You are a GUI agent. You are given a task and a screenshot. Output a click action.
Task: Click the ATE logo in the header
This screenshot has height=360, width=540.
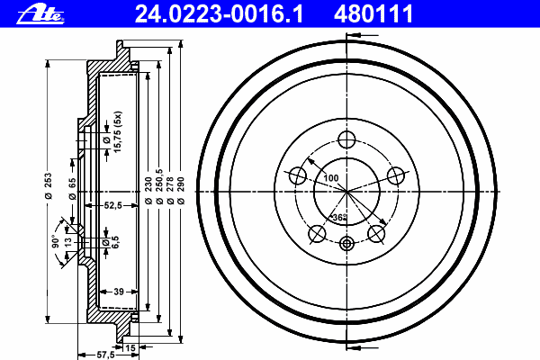(x=40, y=15)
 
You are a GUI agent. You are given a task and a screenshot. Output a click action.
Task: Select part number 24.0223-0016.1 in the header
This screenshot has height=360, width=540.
(x=219, y=13)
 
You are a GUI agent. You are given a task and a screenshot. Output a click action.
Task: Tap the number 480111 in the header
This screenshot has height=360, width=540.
(x=373, y=13)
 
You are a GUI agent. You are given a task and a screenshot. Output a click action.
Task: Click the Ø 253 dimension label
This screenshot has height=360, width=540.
(x=49, y=185)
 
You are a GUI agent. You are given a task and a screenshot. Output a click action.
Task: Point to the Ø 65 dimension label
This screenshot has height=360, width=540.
(x=72, y=188)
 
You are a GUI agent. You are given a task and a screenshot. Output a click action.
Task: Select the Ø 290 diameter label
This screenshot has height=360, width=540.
(x=181, y=191)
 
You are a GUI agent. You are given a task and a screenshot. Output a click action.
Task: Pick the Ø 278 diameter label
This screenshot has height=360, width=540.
(x=170, y=191)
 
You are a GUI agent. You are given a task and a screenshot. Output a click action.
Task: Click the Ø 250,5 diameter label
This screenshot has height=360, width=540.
(x=159, y=186)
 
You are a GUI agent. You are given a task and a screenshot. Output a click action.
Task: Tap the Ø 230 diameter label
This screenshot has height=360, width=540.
(x=148, y=191)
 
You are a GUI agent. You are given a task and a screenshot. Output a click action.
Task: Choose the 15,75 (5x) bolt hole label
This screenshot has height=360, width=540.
(x=118, y=132)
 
